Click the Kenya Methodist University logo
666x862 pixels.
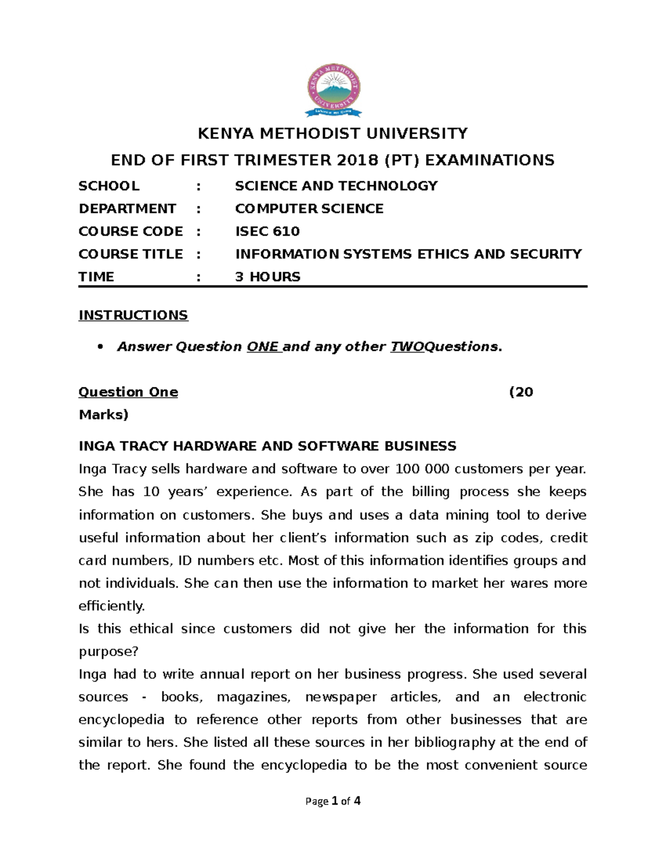[x=334, y=90]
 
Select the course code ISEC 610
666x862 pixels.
[x=267, y=231]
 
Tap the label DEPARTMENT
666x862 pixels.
[x=127, y=209]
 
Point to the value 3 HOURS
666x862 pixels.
[x=268, y=277]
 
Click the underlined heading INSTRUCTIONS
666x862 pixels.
[x=133, y=315]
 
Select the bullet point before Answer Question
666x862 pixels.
[x=100, y=347]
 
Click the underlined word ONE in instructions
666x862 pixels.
[x=263, y=347]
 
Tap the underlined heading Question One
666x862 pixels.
[x=128, y=392]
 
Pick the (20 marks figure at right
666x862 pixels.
[x=521, y=392]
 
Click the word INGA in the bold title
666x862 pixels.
[x=95, y=446]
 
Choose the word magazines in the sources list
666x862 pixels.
[x=253, y=697]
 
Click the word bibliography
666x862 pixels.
[x=433, y=743]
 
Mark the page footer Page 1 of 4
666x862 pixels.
[x=333, y=801]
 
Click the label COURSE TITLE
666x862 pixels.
[x=130, y=254]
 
